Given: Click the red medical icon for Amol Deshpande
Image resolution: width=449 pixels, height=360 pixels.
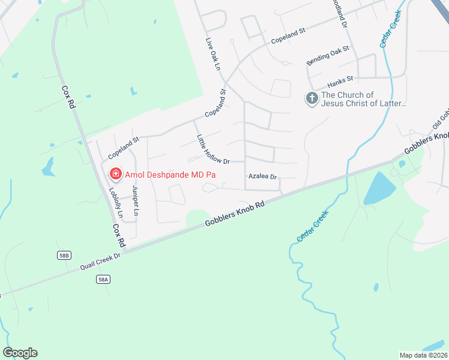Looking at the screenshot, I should (x=116, y=175).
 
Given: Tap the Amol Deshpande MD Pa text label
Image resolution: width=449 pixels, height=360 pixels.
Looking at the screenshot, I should (x=170, y=175).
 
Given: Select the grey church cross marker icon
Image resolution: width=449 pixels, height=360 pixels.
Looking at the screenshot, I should (x=312, y=98).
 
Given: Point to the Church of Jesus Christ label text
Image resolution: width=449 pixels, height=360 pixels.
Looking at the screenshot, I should (x=364, y=99).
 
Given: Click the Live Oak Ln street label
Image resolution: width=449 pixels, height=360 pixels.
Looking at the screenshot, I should (x=213, y=55).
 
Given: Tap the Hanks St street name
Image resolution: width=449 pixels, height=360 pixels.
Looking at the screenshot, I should (x=340, y=80).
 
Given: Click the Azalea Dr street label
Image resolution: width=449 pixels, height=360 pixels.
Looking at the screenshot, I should (x=262, y=176).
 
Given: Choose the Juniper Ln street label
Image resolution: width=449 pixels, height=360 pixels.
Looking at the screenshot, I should (x=135, y=200).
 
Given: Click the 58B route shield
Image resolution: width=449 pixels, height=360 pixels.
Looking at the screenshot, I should (x=64, y=255).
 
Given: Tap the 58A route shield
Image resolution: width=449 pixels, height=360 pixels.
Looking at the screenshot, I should (x=103, y=279).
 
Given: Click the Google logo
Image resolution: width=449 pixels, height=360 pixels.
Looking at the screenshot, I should (x=20, y=353).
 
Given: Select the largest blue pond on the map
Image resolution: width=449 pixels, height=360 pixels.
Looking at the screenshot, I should (x=380, y=188).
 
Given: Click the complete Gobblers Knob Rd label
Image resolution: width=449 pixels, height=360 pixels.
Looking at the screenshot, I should (x=235, y=213).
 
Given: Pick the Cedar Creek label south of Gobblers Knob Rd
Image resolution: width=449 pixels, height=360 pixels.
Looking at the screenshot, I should (x=312, y=226).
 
